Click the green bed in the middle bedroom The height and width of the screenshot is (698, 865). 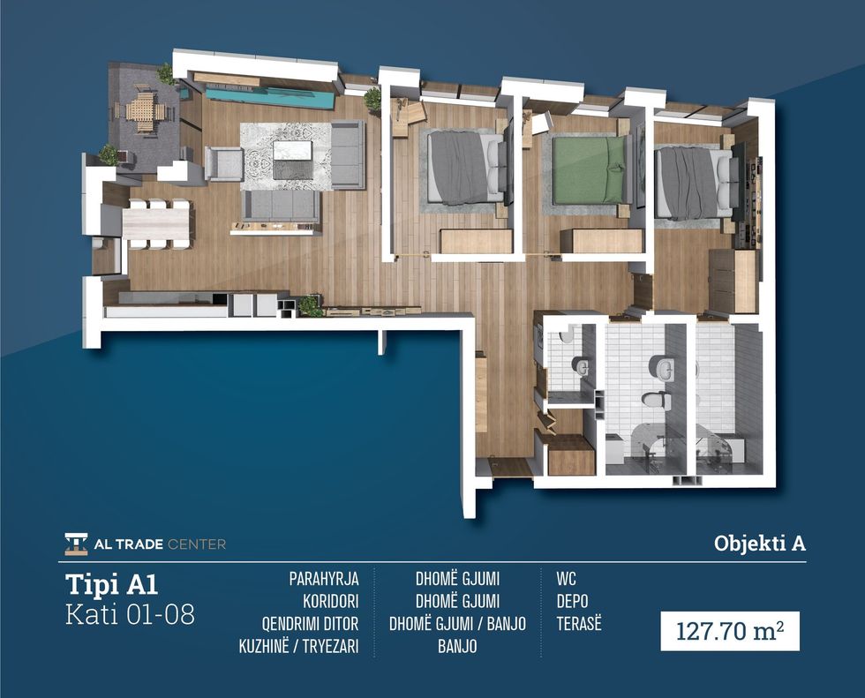point(592,169)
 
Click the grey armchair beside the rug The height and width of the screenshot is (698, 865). point(224,164)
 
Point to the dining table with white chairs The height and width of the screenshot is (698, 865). point(157,225)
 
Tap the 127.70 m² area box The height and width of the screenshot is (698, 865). point(730,631)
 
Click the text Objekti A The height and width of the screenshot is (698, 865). point(760,544)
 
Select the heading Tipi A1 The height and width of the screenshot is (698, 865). point(112,584)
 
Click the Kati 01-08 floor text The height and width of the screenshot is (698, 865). point(131,614)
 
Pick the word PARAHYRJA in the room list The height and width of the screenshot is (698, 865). point(324,579)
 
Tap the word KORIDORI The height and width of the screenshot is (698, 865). point(330,601)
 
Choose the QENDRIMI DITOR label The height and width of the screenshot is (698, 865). point(310,624)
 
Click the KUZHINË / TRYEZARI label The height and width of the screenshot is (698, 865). point(298,646)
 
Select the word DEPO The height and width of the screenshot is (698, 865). point(572,601)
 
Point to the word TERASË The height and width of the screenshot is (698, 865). point(579,624)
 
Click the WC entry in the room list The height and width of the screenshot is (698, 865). point(566,579)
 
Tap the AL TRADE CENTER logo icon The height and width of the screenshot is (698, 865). point(76,544)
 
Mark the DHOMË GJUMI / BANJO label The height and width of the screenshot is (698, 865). point(457,624)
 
